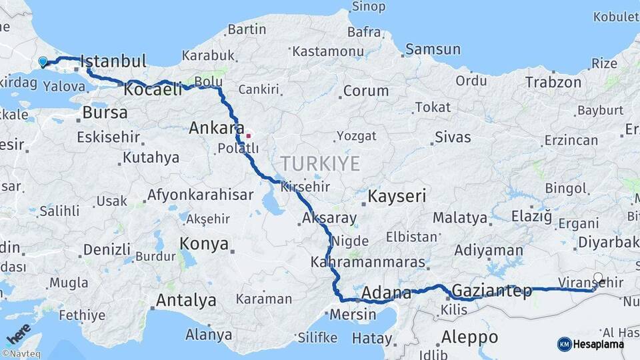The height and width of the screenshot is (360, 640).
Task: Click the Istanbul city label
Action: (113, 62)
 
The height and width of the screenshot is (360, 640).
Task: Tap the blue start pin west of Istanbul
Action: (43, 62)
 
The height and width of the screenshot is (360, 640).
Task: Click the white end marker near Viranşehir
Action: (598, 278)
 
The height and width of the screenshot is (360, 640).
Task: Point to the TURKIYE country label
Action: (320, 163)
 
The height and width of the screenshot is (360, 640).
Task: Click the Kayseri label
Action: (397, 197)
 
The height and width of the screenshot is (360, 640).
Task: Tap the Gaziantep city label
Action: (492, 291)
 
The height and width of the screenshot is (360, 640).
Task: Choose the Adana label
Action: (387, 293)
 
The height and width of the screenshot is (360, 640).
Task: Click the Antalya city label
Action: (186, 301)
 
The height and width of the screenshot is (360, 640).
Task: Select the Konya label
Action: (205, 244)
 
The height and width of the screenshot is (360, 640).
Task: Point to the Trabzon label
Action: (553, 82)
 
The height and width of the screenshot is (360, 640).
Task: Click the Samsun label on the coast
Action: (433, 49)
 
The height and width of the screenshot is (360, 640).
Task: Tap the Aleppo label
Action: (470, 336)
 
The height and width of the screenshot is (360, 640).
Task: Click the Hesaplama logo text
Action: (599, 344)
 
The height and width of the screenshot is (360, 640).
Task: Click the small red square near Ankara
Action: (249, 135)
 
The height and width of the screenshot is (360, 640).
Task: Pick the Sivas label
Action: (453, 137)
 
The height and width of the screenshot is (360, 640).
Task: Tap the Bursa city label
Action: (105, 113)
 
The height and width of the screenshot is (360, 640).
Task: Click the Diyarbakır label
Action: (608, 243)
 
